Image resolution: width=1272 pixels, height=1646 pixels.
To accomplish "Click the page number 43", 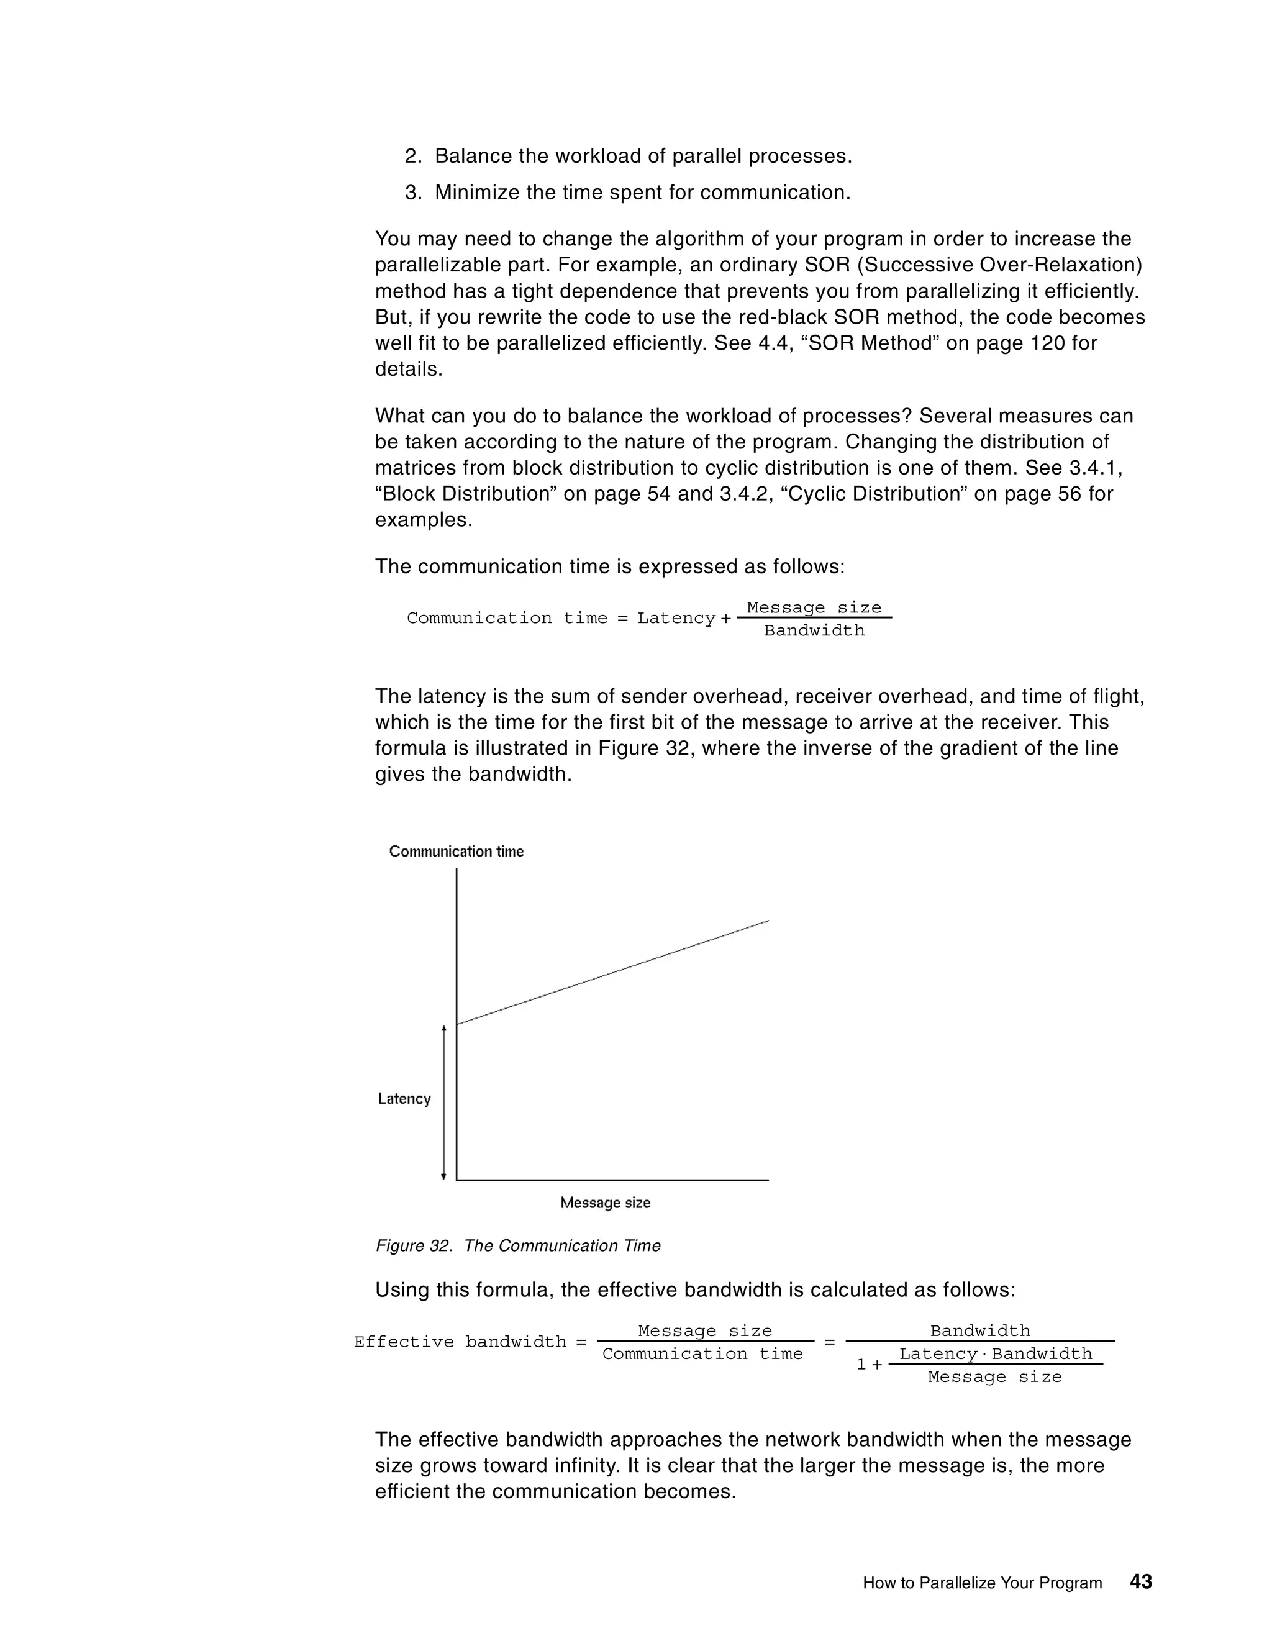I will click(1141, 1581).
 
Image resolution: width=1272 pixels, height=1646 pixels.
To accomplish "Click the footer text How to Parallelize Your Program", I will click(982, 1583).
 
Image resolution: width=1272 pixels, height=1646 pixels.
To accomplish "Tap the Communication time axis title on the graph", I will click(456, 851).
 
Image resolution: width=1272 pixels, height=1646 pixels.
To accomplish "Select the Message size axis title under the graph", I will click(605, 1202).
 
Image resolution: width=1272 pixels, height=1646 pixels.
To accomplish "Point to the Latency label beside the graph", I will click(404, 1098).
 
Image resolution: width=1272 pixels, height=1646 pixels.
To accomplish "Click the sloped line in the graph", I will click(612, 972).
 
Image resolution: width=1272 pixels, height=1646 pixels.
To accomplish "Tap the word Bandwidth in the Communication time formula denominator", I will click(814, 631).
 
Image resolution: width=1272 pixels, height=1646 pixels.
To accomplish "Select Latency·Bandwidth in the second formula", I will click(996, 1354).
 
